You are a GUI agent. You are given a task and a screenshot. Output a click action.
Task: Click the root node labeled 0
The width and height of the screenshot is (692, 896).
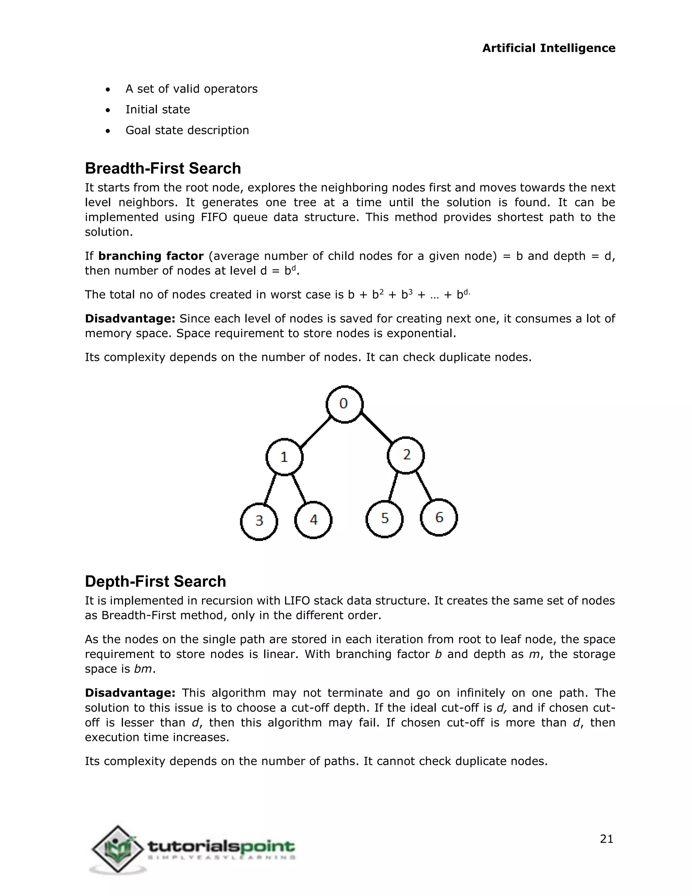(x=344, y=404)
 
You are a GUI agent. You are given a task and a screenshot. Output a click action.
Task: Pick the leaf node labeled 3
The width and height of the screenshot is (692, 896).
(x=259, y=521)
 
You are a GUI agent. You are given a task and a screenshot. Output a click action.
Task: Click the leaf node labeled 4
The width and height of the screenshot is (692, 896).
(x=313, y=520)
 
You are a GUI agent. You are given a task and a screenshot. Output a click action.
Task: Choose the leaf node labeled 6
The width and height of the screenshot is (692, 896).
(x=439, y=517)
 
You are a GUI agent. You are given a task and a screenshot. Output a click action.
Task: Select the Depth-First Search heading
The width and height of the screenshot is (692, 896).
(x=155, y=581)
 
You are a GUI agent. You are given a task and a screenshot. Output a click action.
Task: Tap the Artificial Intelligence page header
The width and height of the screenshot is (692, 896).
(x=548, y=48)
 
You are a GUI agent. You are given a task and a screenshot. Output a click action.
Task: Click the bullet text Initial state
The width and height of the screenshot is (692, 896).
(x=157, y=110)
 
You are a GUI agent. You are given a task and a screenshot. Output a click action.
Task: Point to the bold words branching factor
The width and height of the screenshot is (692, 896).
(x=151, y=256)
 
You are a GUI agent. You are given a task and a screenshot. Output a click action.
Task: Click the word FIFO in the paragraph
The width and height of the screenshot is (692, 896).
(x=214, y=217)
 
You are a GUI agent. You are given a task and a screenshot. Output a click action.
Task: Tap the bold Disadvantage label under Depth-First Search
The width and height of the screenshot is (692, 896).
(x=130, y=693)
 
